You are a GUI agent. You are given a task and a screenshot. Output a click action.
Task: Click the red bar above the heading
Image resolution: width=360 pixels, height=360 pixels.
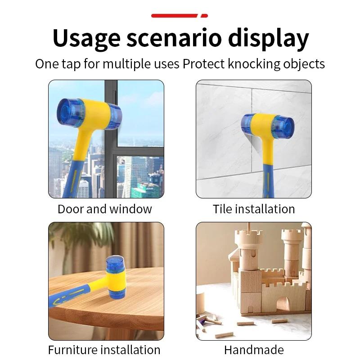[x=179, y=16]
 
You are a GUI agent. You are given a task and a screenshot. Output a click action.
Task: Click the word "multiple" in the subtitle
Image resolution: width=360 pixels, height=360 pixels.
[x=126, y=63]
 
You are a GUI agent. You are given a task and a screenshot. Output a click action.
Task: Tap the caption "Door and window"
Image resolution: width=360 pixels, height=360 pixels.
[x=105, y=209]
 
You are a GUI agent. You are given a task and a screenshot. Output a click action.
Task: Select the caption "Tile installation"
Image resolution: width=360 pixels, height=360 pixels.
[x=254, y=209]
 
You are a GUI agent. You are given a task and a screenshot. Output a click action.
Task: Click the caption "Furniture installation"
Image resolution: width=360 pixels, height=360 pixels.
[x=104, y=350]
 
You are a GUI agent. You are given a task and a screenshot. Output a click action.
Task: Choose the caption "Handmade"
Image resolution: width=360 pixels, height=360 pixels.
[x=254, y=350]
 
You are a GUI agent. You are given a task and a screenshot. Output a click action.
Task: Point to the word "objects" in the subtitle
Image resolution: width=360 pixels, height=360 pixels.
[x=305, y=63]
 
